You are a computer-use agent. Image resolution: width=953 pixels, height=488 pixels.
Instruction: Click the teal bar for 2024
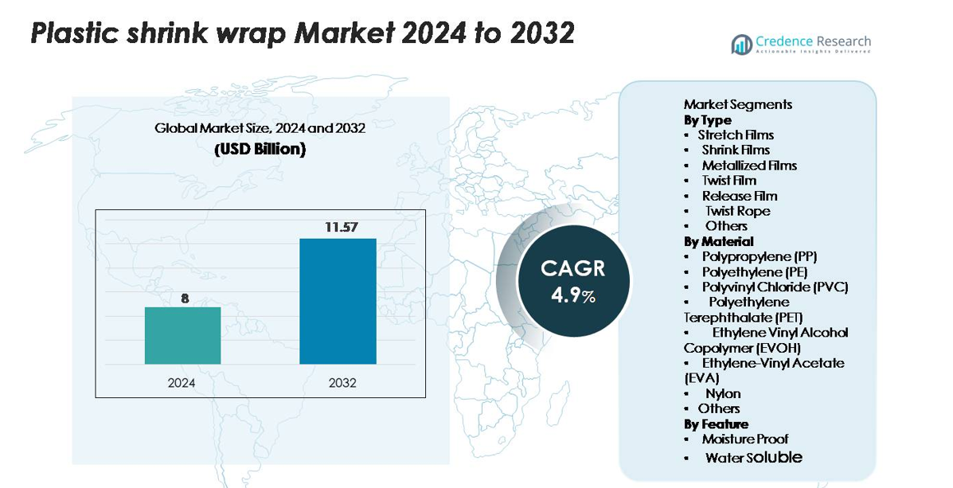(182, 335)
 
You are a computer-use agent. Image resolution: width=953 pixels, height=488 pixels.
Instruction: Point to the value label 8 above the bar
(185, 298)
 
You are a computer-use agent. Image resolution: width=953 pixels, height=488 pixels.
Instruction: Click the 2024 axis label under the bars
(182, 383)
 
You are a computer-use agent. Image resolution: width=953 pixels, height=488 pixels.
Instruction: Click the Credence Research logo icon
(742, 45)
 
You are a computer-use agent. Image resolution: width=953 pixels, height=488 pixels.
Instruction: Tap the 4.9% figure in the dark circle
(573, 295)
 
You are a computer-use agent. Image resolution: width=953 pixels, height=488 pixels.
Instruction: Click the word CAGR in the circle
(573, 268)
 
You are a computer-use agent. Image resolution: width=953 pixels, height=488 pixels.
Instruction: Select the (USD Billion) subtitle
(260, 149)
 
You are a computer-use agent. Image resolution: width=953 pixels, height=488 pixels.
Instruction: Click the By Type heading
(707, 120)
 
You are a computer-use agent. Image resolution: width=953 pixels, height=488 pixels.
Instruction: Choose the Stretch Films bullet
(736, 135)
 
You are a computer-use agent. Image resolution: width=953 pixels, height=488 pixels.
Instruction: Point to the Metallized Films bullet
(748, 166)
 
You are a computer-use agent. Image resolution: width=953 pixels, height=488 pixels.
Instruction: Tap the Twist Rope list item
(737, 211)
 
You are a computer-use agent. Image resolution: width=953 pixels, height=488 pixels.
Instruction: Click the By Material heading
(718, 241)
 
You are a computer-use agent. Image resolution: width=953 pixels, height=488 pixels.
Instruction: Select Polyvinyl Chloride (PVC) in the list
(775, 287)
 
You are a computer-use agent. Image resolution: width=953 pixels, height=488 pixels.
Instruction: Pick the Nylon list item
(723, 393)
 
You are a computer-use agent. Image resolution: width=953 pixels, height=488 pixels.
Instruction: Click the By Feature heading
(716, 424)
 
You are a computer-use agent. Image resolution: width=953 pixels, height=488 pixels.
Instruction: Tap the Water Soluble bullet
(753, 457)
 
